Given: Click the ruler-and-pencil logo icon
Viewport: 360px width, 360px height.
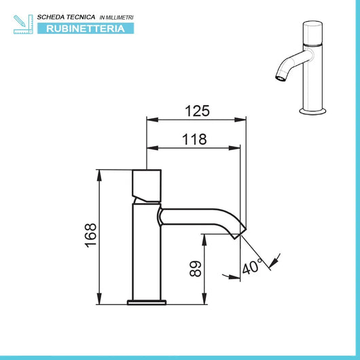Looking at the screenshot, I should (22, 23).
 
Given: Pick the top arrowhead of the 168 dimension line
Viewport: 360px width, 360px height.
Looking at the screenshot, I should (101, 173).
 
